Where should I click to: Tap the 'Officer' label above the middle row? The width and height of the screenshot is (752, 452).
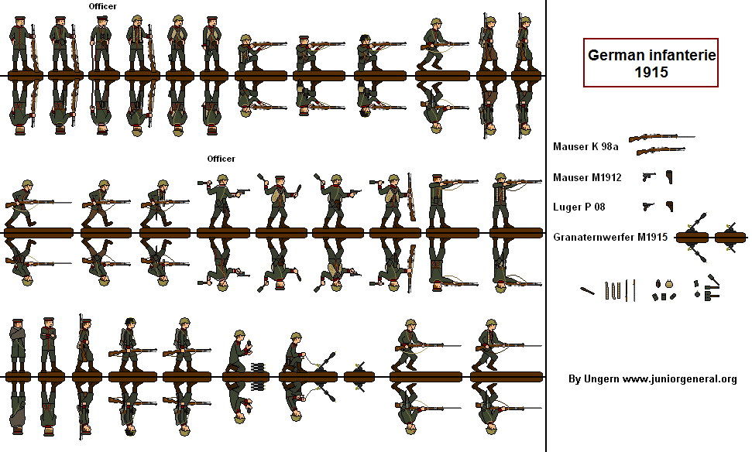(x=221, y=159)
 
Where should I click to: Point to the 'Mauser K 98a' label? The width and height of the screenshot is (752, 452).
(x=585, y=146)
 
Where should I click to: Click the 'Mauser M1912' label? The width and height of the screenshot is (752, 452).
(x=587, y=177)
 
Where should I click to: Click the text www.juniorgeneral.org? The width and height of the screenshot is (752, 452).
(x=679, y=379)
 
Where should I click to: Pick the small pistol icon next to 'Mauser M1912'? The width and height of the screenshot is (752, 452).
(x=648, y=177)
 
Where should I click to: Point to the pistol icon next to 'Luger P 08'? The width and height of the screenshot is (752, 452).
(x=648, y=207)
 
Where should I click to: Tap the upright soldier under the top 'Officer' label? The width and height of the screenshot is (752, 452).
(x=100, y=45)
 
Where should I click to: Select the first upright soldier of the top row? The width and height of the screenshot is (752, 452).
(x=21, y=45)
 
